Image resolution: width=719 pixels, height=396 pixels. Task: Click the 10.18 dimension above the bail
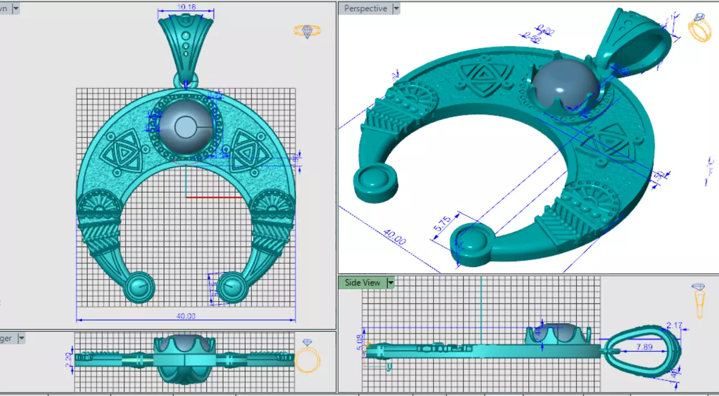pos(186,7)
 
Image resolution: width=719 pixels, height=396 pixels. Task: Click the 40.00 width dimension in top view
pos(186,316)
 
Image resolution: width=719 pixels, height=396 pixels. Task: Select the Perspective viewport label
pos(365,9)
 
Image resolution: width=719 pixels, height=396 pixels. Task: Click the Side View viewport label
pos(362,283)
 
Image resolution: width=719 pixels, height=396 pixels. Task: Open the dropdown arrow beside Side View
pos(391,283)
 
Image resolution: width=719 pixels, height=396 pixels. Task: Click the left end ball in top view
pos(139,287)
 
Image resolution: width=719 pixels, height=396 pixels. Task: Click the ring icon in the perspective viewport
pos(699,29)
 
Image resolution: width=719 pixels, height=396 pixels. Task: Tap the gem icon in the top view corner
pos(307,31)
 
